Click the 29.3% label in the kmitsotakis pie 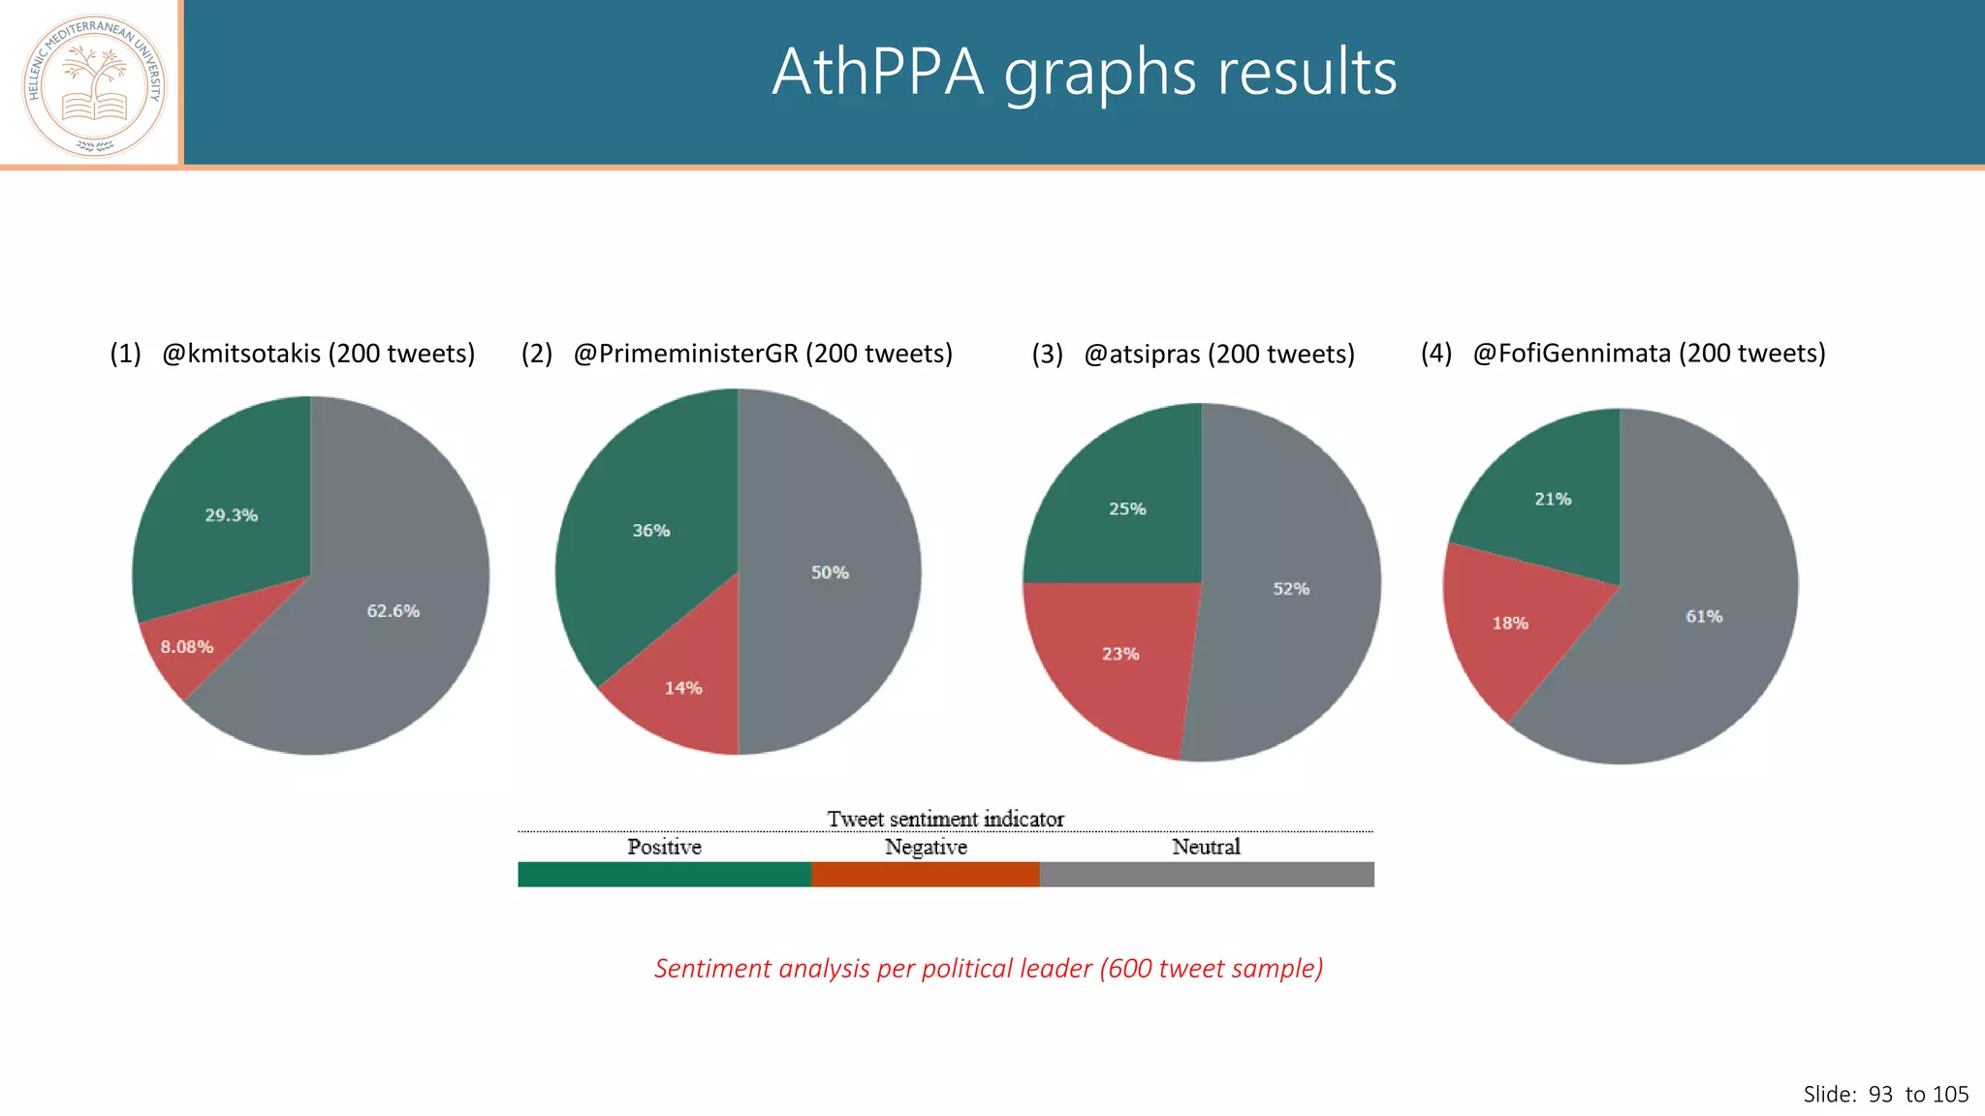click(231, 515)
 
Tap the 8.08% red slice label click(186, 647)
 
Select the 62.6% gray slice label click(393, 611)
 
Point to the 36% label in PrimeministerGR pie click(651, 531)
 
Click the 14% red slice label click(683, 688)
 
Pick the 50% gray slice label click(830, 573)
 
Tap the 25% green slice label click(1127, 509)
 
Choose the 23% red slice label click(1120, 654)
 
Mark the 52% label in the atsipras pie click(1291, 589)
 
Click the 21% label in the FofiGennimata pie click(1553, 499)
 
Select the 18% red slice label click(1510, 623)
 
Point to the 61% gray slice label click(1704, 616)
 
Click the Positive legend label click(664, 847)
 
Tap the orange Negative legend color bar click(925, 874)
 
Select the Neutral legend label click(1206, 847)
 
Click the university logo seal click(94, 85)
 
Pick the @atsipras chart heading click(1218, 355)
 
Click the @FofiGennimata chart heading click(1649, 354)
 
